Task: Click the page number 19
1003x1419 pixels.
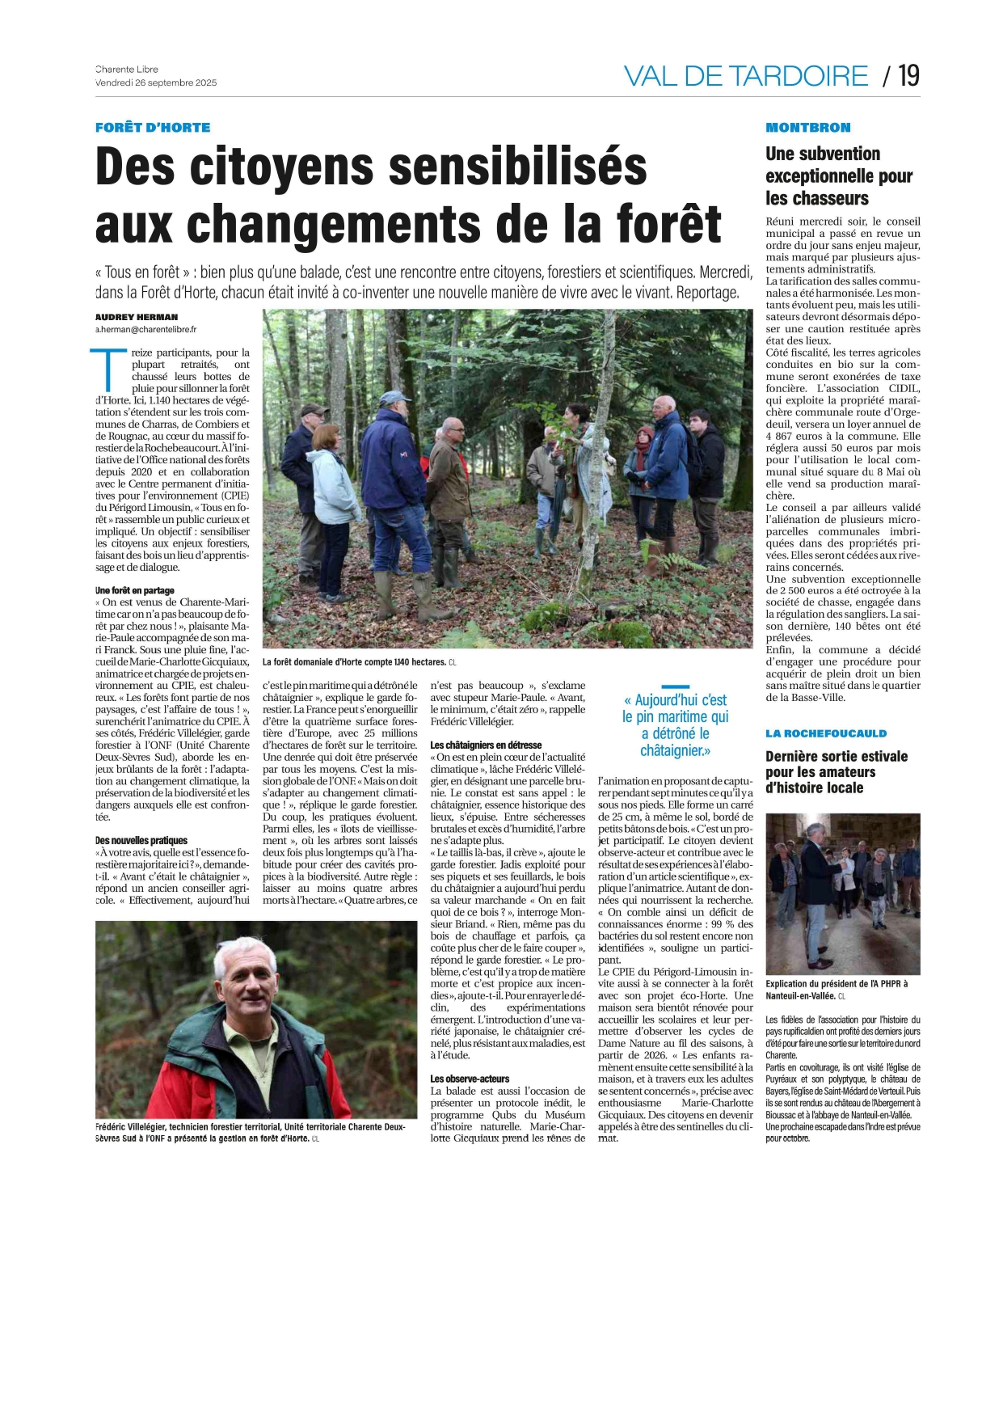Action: [x=908, y=76]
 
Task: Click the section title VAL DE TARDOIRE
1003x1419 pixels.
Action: [x=745, y=76]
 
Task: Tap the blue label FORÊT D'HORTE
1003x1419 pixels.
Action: [x=153, y=128]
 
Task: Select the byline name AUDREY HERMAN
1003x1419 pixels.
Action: [x=137, y=317]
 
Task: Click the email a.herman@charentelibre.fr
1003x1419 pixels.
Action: [x=146, y=330]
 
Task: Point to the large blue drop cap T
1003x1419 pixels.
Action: [x=110, y=370]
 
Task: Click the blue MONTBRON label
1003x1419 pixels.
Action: [x=807, y=128]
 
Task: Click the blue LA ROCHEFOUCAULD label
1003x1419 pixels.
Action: [x=826, y=733]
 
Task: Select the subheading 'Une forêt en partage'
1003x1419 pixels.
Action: [x=135, y=590]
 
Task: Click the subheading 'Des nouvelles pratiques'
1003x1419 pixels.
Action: [x=141, y=841]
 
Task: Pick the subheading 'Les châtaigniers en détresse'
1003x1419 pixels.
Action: [x=486, y=745]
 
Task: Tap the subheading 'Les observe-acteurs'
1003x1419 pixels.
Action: [x=470, y=1079]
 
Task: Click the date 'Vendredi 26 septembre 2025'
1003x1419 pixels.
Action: [x=156, y=82]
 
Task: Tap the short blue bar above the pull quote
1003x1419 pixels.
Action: [x=675, y=686]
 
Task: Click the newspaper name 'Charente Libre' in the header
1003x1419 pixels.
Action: [x=127, y=70]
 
